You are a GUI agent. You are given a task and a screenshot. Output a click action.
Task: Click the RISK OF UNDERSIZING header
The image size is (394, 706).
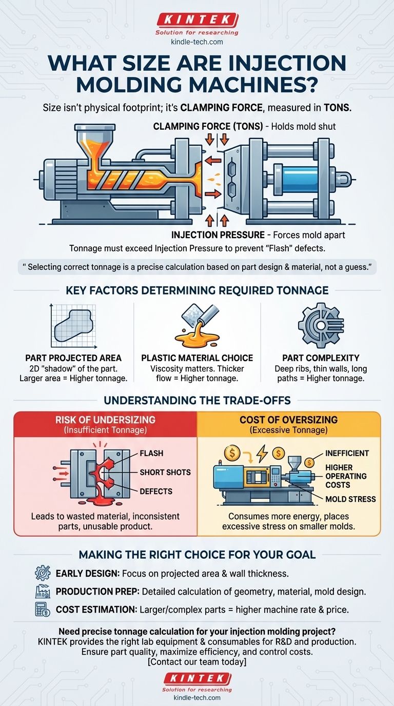[106, 420]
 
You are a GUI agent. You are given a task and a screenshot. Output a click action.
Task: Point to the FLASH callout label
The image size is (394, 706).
[151, 454]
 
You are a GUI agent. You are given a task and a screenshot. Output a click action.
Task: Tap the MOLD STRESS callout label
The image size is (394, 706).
[350, 499]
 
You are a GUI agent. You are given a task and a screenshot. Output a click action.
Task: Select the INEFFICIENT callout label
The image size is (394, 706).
[347, 454]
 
